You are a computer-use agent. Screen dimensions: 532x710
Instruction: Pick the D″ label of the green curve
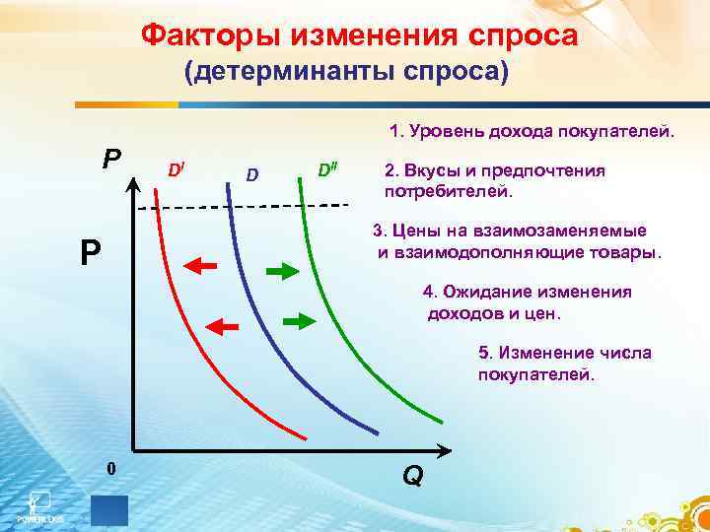328,169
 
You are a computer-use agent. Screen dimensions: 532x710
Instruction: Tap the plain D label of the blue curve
252,175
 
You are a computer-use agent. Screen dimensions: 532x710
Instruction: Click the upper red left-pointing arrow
202,264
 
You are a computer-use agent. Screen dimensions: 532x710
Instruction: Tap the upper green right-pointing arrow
283,270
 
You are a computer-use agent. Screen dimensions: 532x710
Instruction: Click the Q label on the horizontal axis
413,475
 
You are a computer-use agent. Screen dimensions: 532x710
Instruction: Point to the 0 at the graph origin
111,469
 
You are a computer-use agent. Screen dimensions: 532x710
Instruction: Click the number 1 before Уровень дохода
394,132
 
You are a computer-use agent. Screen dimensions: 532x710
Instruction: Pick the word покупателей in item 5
536,374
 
